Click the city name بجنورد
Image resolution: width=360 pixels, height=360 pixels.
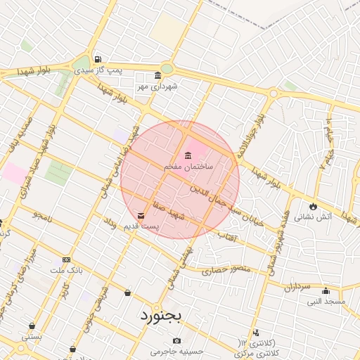pyautogui.click(x=160, y=314)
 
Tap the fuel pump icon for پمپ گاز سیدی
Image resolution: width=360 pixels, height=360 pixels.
pyautogui.click(x=97, y=59)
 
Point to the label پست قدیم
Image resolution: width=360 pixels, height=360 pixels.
pyautogui.click(x=141, y=226)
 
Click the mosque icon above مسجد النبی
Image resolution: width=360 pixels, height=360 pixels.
pyautogui.click(x=326, y=291)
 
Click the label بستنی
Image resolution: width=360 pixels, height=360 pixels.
pyautogui.click(x=32, y=336)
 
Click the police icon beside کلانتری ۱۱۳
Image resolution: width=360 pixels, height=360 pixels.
pyautogui.click(x=256, y=333)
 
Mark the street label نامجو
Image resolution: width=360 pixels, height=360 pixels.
pyautogui.click(x=42, y=212)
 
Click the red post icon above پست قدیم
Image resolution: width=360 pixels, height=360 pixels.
pyautogui.click(x=141, y=215)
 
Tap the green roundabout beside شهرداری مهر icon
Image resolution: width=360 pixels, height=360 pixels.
pyautogui.click(x=167, y=68)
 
